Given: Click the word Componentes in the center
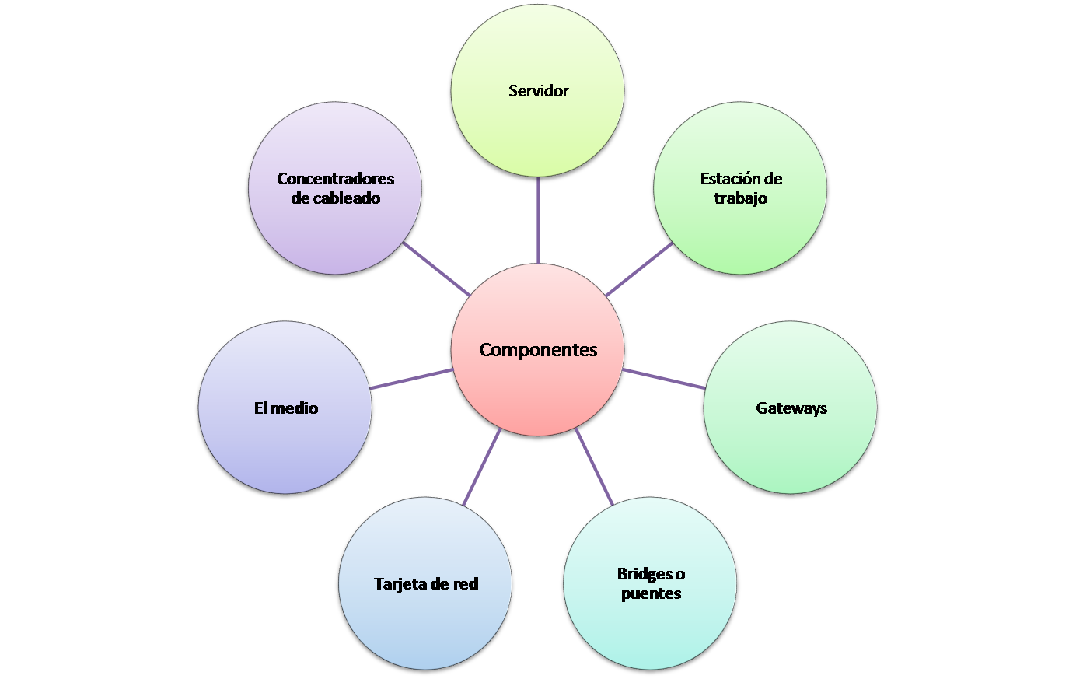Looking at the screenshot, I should [538, 350].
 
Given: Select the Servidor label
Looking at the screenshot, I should [538, 91].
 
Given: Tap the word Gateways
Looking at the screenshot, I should [791, 408].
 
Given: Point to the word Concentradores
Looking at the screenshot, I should [335, 179].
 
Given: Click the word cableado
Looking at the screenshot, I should [347, 198].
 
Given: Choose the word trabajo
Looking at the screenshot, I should [741, 198].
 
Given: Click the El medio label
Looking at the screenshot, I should [286, 408].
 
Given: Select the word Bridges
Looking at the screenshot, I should [645, 574].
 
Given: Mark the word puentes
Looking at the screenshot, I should [652, 593].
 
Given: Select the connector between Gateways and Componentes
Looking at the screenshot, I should [663, 378].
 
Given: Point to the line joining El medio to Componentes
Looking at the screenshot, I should [411, 379].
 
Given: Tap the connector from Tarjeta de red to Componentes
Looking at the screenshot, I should [482, 466].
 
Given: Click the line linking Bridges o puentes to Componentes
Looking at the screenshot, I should [594, 466].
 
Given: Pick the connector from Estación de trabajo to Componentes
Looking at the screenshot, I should [639, 270].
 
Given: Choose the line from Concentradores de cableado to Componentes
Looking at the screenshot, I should [437, 269].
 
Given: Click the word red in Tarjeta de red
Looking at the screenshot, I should [466, 584].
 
